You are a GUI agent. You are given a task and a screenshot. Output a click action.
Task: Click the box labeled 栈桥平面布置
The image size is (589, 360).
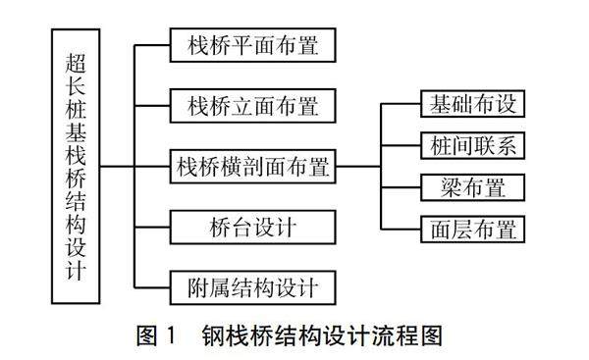click(x=253, y=45)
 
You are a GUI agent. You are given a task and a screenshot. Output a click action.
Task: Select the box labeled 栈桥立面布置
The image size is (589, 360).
click(x=253, y=106)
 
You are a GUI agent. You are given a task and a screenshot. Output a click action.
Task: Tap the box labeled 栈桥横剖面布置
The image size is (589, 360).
click(x=253, y=167)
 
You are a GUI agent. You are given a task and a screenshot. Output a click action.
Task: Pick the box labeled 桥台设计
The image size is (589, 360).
click(x=253, y=228)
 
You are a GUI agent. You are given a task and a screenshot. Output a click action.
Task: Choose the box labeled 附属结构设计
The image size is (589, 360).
click(x=253, y=288)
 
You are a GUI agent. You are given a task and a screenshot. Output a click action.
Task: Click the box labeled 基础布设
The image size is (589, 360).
click(x=472, y=104)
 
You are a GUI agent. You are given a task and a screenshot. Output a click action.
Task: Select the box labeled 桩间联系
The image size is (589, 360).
click(x=472, y=145)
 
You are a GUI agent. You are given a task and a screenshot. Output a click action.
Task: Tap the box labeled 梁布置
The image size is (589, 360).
click(x=472, y=187)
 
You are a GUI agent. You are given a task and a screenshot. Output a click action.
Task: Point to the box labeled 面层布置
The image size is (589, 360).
click(x=472, y=230)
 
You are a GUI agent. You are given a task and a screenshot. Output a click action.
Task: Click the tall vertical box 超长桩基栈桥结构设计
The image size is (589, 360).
click(x=76, y=167)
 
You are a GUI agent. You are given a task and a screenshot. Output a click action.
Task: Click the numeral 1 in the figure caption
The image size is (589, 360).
click(x=171, y=335)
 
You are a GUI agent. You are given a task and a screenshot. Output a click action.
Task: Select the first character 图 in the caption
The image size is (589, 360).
click(x=146, y=335)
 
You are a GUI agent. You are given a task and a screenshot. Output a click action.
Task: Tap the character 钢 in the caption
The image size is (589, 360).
click(x=213, y=335)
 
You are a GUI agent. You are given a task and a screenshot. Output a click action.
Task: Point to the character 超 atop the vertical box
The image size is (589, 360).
click(x=76, y=63)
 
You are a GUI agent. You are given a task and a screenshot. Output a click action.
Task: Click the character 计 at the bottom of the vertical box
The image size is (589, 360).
click(x=76, y=269)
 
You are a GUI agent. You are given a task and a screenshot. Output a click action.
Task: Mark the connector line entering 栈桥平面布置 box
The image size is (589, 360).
click(x=152, y=45)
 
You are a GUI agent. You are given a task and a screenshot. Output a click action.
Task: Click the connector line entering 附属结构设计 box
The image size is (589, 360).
click(x=152, y=288)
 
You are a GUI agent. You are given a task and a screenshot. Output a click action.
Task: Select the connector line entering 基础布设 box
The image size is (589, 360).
click(x=401, y=104)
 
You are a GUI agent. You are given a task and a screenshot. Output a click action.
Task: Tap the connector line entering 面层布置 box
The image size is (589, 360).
click(x=401, y=230)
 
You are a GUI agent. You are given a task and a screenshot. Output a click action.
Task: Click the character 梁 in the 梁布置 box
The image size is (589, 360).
click(x=451, y=187)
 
